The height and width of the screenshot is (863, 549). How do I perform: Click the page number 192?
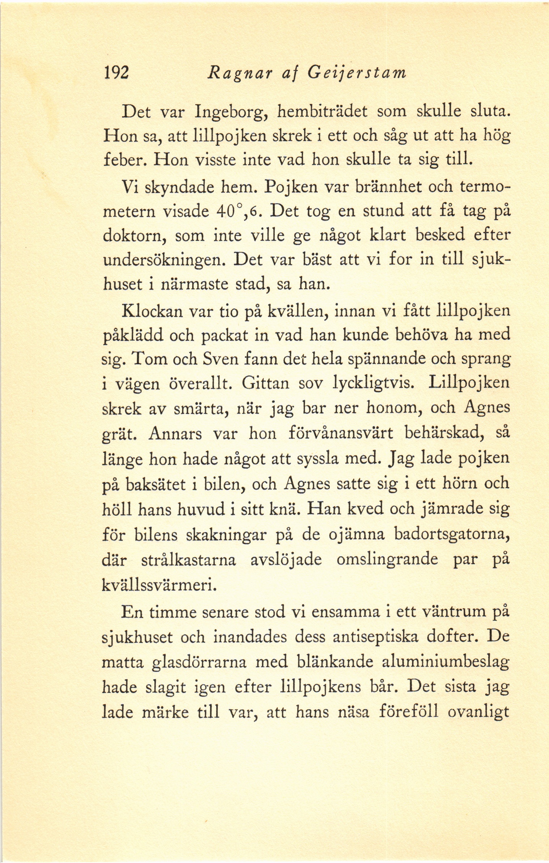pos(116,73)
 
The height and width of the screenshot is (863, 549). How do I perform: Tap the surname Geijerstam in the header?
pos(357,73)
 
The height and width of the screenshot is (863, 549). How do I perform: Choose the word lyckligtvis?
pos(373,384)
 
